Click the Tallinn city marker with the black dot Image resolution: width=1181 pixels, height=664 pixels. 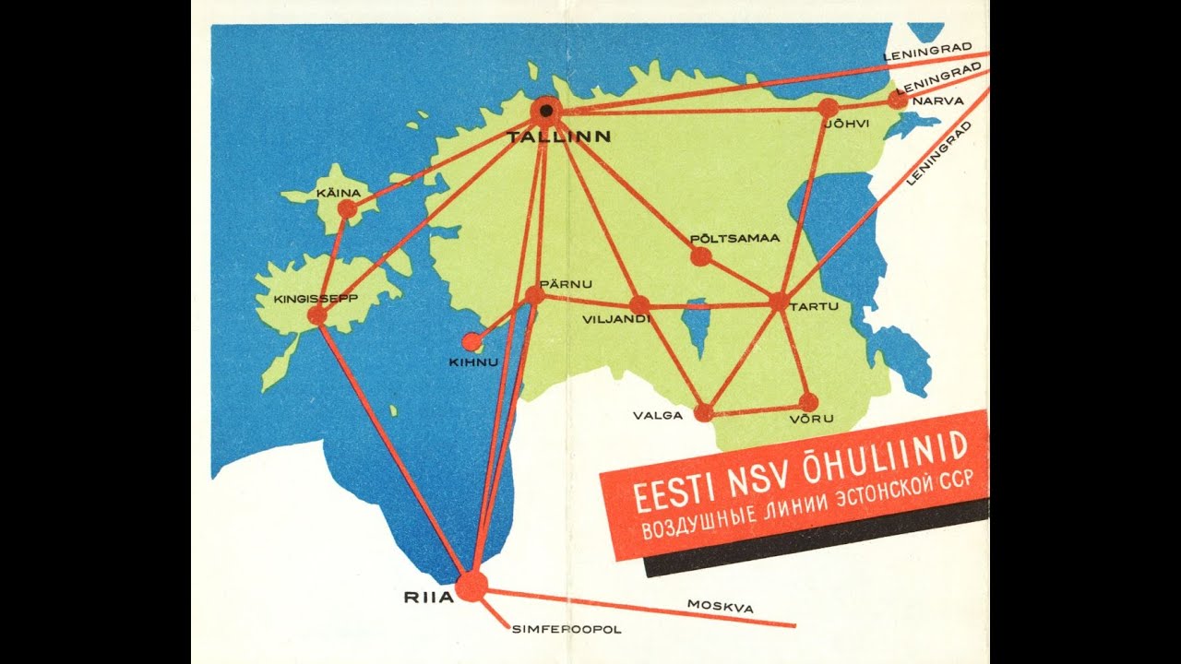click(546, 111)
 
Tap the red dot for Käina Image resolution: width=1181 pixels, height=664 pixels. click(347, 209)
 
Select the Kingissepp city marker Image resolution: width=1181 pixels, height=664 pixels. click(317, 315)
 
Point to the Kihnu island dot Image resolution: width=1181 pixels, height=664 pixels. click(471, 342)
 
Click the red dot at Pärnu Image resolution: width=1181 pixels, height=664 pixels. click(534, 295)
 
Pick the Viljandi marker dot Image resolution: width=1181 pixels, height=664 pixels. click(639, 305)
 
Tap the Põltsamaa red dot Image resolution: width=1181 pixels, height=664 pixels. click(700, 257)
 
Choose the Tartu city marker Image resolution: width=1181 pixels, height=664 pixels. click(779, 302)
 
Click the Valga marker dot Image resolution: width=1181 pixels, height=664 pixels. click(703, 412)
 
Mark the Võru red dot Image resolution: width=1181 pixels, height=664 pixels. click(808, 402)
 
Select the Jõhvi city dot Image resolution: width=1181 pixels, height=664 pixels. click(828, 108)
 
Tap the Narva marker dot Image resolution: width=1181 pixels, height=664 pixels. click(897, 99)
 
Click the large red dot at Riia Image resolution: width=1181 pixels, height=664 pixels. click(471, 586)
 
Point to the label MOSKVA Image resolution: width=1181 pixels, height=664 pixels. click(720, 607)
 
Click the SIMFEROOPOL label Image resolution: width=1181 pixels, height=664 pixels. click(567, 630)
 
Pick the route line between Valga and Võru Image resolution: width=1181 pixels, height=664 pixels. click(757, 408)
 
